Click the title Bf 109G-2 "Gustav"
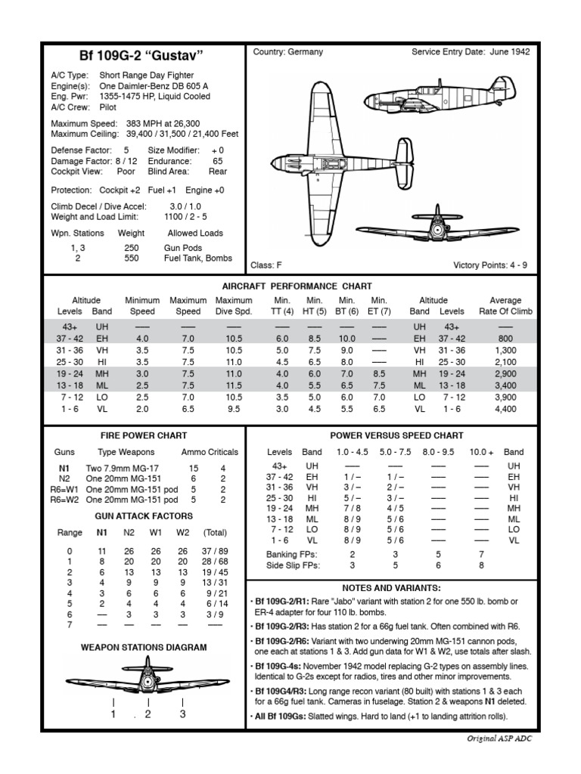click(x=142, y=56)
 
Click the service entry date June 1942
click(x=511, y=52)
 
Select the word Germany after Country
click(x=305, y=52)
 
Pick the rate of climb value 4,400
click(x=505, y=409)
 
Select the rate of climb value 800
click(x=505, y=339)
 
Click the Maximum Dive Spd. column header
click(x=234, y=305)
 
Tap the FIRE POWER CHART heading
click(x=144, y=436)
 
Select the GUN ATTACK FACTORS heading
click(x=144, y=516)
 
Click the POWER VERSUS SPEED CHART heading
click(x=396, y=436)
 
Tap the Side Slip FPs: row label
click(x=294, y=565)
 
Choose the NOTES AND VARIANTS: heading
click(x=391, y=587)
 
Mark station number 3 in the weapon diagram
click(x=182, y=714)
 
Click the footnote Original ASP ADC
click(x=498, y=738)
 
